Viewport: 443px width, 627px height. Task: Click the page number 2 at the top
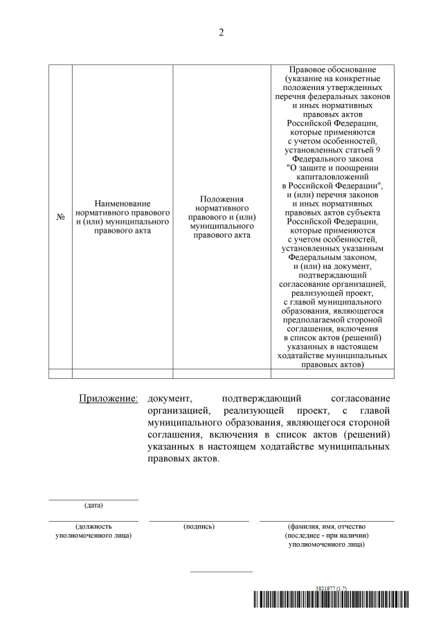[221, 33]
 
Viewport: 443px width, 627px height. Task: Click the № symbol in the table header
[60, 217]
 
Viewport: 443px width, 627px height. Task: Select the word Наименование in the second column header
[123, 202]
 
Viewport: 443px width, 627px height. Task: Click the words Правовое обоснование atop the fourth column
[332, 71]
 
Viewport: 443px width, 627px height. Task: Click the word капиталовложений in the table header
[332, 177]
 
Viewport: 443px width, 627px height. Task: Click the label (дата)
[93, 505]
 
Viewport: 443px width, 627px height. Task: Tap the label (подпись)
[199, 527]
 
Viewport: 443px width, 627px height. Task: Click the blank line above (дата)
[93, 499]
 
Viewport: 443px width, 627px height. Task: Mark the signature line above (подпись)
[199, 520]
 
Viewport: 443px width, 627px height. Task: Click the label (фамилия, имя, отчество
[326, 527]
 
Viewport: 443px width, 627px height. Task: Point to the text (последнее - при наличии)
[326, 536]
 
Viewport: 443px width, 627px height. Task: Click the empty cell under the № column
[60, 373]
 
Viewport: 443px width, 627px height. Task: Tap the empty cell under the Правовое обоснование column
[332, 373]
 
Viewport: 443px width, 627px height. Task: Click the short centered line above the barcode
[221, 572]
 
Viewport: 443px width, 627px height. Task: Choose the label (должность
[93, 527]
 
